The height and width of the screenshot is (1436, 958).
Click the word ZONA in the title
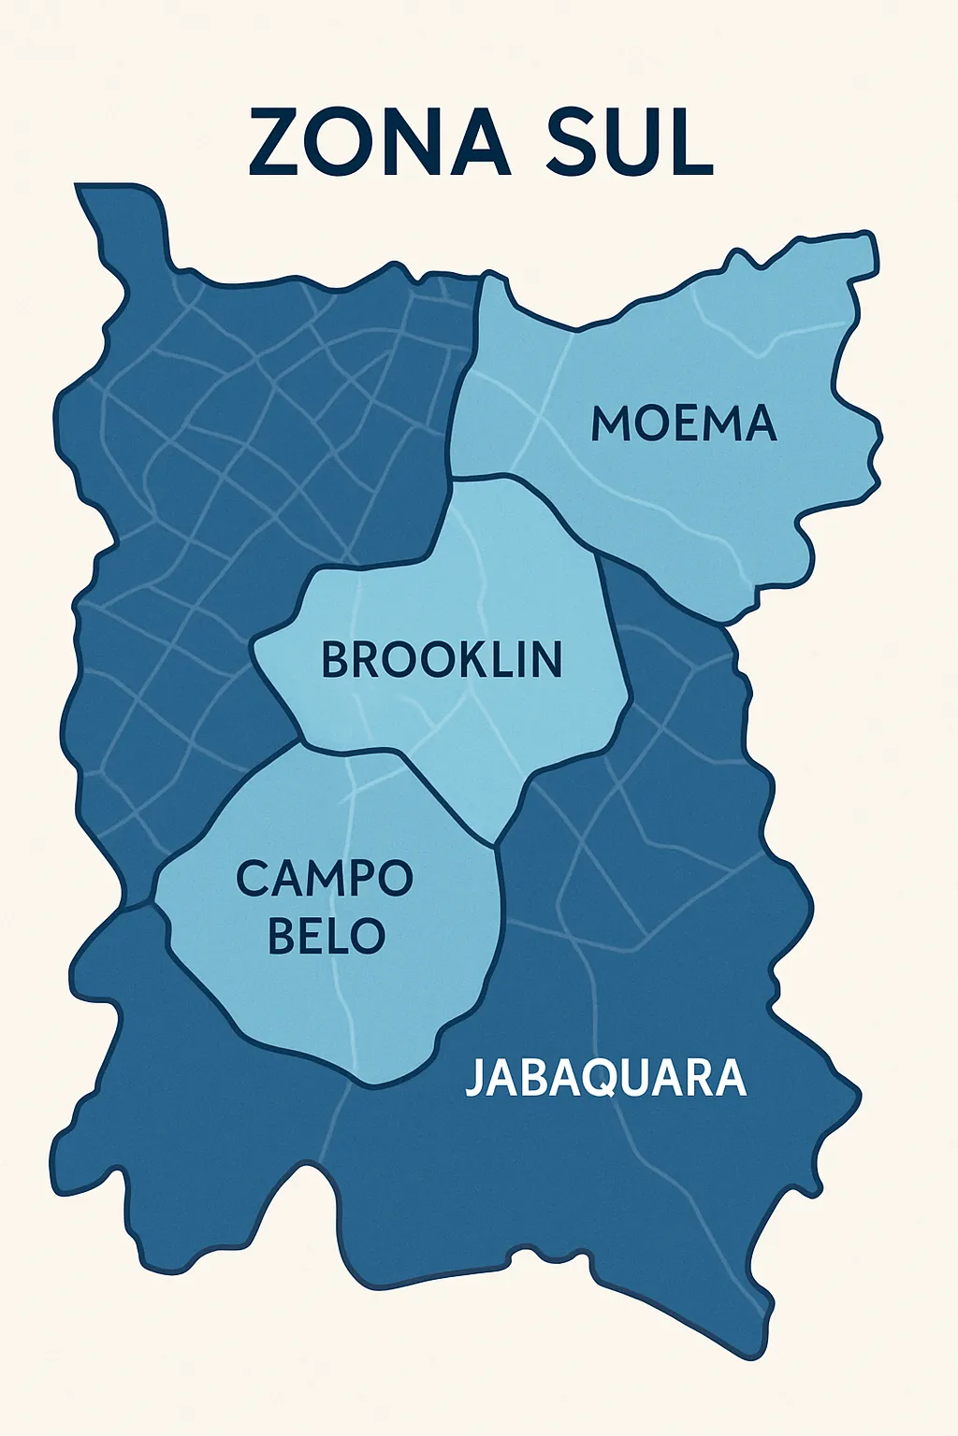(379, 142)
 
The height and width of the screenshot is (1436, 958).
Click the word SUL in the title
(630, 142)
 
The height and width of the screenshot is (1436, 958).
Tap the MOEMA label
(684, 424)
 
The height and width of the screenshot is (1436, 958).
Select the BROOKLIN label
(442, 659)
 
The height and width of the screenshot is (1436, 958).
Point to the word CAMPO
(324, 878)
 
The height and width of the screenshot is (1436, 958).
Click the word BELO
(326, 936)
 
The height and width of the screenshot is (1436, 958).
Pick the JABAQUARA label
(605, 1078)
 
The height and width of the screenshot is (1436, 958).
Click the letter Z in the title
(274, 142)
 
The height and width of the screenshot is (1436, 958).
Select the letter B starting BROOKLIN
(334, 659)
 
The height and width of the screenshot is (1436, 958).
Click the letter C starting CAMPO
(253, 878)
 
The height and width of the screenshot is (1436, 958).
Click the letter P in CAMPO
(359, 878)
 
